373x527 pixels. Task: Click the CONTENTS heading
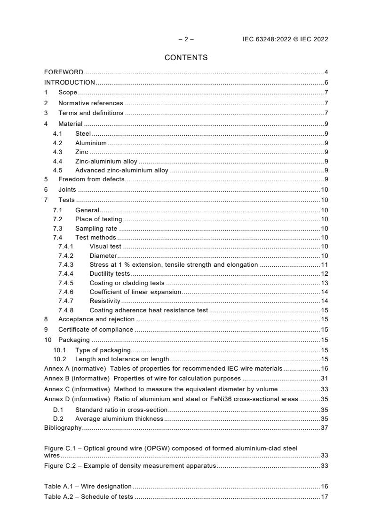186,58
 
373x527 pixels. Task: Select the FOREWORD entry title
63,72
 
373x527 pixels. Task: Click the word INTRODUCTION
70,83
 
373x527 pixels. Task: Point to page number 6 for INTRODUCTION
326,83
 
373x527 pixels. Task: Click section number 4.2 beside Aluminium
58,143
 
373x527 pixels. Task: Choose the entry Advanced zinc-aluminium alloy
121,170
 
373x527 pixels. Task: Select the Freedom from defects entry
91,179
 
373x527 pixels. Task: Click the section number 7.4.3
66,264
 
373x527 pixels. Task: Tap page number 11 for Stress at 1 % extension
324,264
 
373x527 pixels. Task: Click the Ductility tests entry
110,274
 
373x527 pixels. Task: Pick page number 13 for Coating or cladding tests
324,283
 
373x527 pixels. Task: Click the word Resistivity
105,301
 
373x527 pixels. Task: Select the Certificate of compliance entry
95,329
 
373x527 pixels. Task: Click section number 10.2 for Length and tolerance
60,359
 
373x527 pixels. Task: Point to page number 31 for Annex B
324,378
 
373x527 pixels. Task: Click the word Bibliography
63,427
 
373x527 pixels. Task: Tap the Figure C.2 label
61,465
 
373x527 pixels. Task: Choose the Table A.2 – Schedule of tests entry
88,496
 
